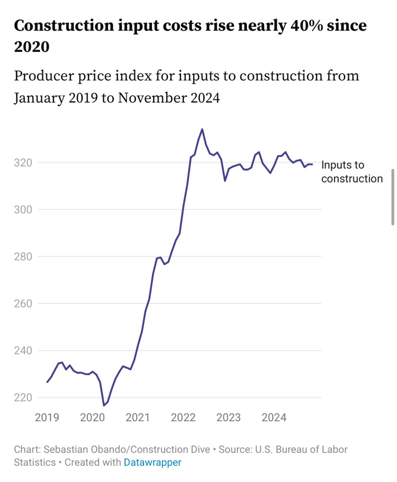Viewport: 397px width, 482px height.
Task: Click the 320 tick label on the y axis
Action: [24, 163]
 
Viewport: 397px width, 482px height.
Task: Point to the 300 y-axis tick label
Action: [24, 209]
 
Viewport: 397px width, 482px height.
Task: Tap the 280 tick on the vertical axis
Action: [24, 256]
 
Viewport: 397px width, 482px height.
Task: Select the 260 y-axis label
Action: [24, 303]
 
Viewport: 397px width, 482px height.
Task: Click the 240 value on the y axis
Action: [24, 351]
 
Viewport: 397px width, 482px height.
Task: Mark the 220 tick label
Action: [24, 397]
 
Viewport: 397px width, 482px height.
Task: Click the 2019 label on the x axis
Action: [47, 417]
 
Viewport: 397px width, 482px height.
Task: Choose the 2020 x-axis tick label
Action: [92, 417]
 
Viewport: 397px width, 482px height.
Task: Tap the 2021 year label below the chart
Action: [137, 417]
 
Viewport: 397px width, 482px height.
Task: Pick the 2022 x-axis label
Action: [183, 417]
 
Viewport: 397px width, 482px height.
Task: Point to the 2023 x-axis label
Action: [228, 417]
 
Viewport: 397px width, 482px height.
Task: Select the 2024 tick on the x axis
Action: [274, 417]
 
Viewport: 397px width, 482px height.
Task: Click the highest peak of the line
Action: [202, 129]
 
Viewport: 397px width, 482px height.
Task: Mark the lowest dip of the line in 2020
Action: [104, 405]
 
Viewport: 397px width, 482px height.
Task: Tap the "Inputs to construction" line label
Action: [351, 172]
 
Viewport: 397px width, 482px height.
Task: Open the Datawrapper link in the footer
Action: [152, 462]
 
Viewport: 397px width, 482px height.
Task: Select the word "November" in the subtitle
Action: [151, 98]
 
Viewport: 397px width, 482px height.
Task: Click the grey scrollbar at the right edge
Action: [393, 196]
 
